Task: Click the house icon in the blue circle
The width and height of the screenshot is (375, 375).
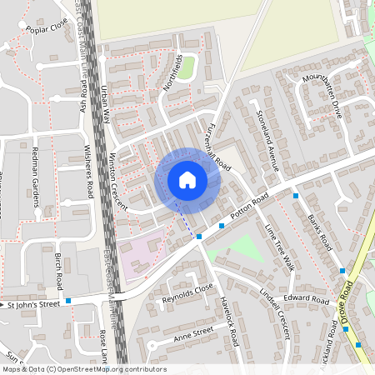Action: pyautogui.click(x=187, y=180)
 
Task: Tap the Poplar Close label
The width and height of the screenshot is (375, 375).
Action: pyautogui.click(x=47, y=29)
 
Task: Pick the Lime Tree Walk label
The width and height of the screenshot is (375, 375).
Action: pyautogui.click(x=279, y=247)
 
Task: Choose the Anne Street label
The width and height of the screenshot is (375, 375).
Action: pyautogui.click(x=193, y=334)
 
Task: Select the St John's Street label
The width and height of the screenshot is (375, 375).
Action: pyautogui.click(x=34, y=305)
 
